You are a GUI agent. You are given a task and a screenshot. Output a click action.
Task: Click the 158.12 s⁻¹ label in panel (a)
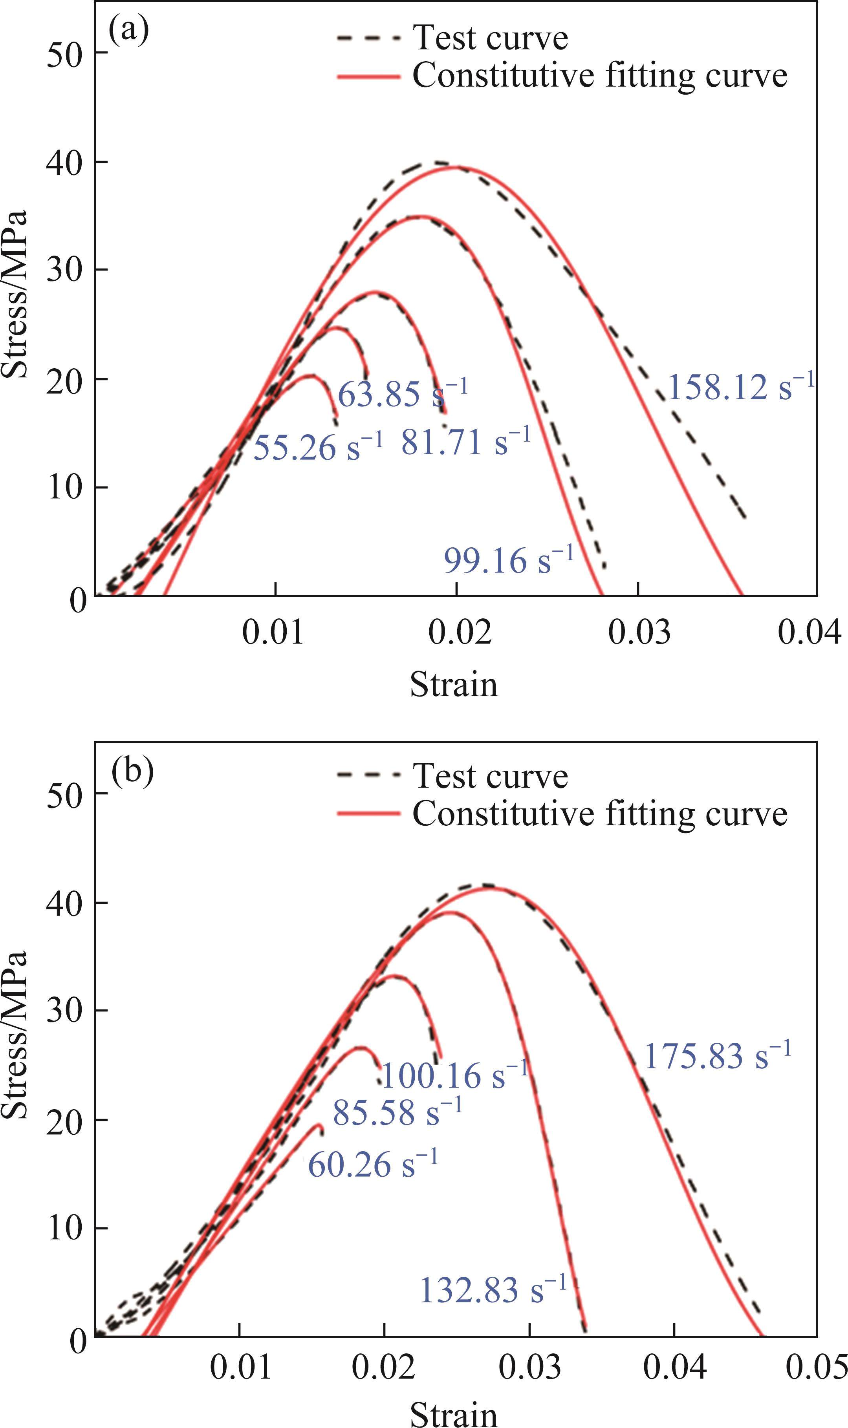tap(740, 387)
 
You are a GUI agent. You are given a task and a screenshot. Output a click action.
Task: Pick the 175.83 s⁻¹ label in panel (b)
tap(718, 1055)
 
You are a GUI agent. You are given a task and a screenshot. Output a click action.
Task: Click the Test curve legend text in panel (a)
tap(490, 38)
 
